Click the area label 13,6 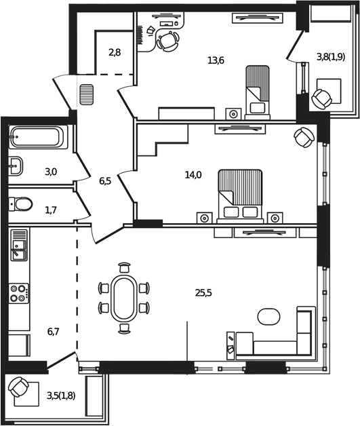[x=216, y=60]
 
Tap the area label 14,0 [x=193, y=175]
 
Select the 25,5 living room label [x=203, y=293]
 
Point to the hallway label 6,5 [x=105, y=181]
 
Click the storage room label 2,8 [x=114, y=52]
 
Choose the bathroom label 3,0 [x=51, y=172]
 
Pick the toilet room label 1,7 [x=51, y=210]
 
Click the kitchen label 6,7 [x=54, y=331]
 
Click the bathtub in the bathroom [x=38, y=139]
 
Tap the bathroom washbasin [x=16, y=165]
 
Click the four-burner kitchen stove [x=19, y=293]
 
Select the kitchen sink [x=19, y=246]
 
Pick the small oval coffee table [x=268, y=316]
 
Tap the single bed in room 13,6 [x=257, y=92]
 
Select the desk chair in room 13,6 [x=166, y=41]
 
